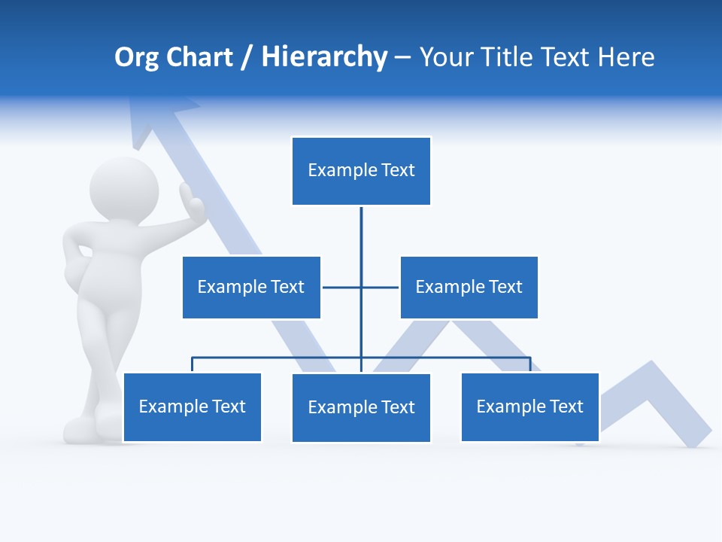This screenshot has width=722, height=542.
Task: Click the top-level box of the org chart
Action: [x=361, y=170]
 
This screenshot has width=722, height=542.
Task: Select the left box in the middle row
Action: [x=251, y=287]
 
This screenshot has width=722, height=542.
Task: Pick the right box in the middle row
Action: [x=469, y=287]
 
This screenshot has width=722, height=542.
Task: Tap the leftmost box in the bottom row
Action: [x=192, y=406]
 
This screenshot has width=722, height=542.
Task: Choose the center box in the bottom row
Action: [x=361, y=407]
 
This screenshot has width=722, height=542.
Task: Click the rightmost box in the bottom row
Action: [x=529, y=406]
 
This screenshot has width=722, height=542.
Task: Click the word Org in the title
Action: [x=136, y=57]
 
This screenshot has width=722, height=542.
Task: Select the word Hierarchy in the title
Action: [x=324, y=57]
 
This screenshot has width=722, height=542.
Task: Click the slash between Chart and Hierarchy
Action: [x=247, y=57]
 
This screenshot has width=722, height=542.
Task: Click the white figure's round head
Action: [x=124, y=190]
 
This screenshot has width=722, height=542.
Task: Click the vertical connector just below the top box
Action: [x=361, y=226]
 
